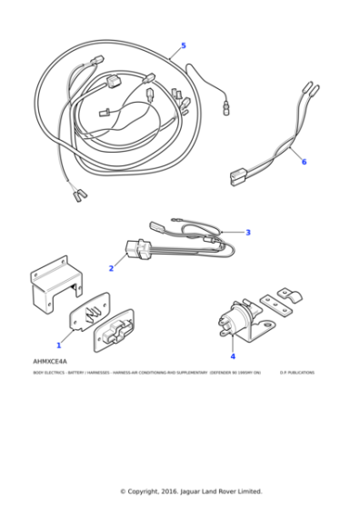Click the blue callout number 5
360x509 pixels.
183,45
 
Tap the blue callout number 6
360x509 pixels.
304,162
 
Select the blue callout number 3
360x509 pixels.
247,233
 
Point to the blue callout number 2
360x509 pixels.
111,268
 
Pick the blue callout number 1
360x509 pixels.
59,344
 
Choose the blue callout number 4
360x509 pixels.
232,357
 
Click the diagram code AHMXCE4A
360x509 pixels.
50,362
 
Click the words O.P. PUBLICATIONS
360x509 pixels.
296,373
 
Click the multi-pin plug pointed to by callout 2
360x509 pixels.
138,249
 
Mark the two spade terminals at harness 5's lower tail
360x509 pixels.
78,193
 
